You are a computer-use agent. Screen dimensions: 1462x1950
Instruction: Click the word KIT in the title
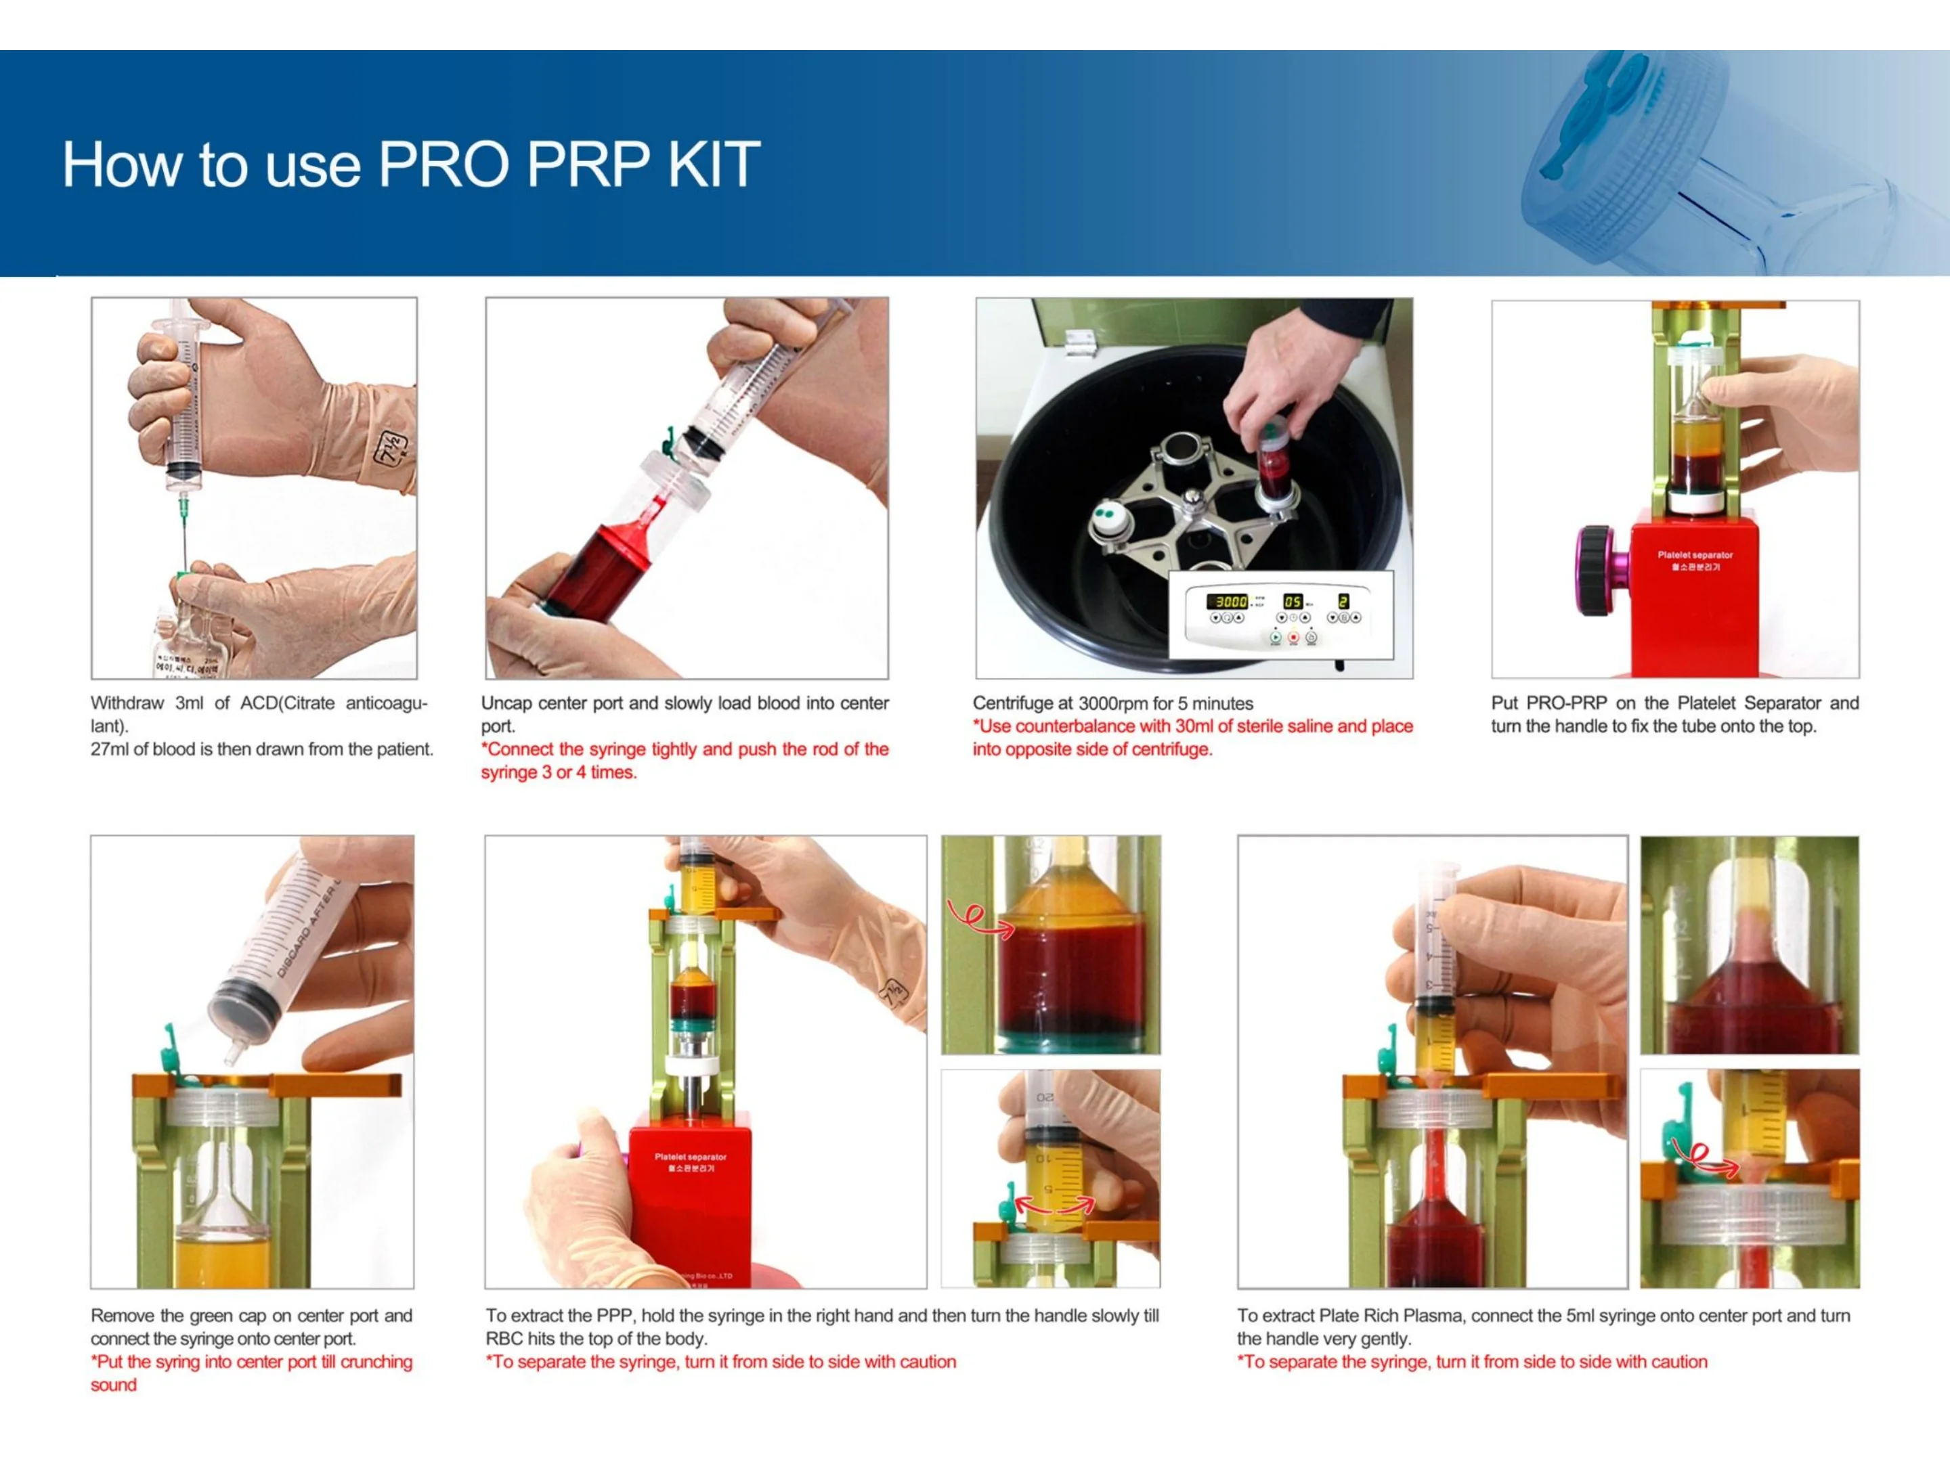[x=714, y=164]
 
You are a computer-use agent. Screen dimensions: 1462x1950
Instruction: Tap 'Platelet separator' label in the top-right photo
[x=1694, y=555]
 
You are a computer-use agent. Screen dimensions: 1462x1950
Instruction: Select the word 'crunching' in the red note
[x=376, y=1362]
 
